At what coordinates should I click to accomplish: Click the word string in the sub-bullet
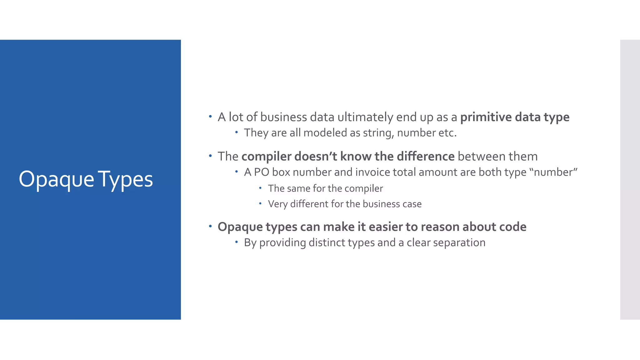378,133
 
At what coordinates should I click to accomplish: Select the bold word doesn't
315,156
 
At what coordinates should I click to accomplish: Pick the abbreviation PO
261,172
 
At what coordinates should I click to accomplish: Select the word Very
277,204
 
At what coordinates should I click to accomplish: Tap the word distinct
332,242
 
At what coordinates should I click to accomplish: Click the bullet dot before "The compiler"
210,155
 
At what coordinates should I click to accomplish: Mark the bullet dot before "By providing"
237,242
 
